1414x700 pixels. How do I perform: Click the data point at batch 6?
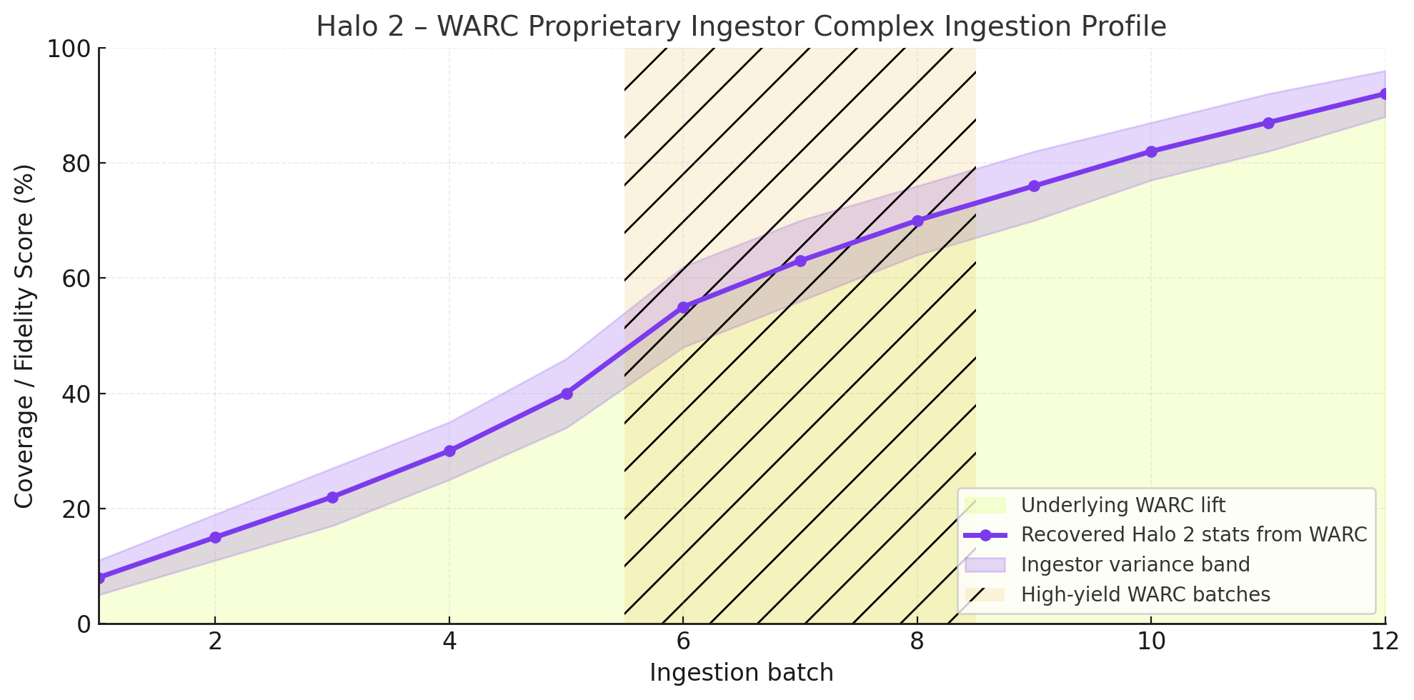point(683,307)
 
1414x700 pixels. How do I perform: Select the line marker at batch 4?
point(449,451)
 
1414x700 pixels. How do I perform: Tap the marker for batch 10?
point(1151,151)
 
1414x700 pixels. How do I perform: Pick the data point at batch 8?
point(917,221)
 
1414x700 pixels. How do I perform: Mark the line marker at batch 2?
point(215,537)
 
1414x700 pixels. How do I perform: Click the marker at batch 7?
point(800,261)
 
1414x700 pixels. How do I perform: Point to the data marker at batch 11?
point(1268,123)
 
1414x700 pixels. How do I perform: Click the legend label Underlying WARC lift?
point(1122,506)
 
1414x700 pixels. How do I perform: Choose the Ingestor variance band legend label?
point(1135,565)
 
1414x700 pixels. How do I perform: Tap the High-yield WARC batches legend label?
point(1145,594)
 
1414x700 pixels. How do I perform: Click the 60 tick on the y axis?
point(75,279)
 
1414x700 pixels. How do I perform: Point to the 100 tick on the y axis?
point(69,49)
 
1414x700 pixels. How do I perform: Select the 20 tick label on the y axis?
point(75,509)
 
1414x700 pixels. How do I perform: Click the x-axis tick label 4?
point(449,642)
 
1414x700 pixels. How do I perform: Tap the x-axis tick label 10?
point(1151,642)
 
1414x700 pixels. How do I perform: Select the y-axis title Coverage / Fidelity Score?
point(24,336)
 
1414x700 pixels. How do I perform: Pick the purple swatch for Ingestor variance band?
point(985,565)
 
